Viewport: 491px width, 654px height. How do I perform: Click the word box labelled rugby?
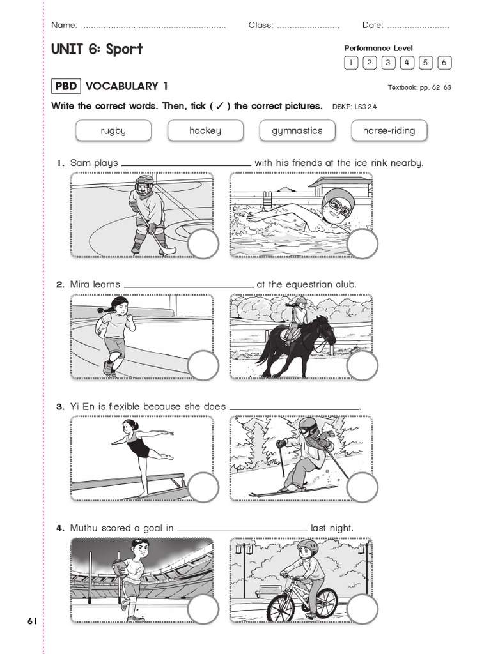[113, 131]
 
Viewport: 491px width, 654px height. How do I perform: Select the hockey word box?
[205, 131]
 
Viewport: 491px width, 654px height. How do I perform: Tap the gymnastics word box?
[297, 131]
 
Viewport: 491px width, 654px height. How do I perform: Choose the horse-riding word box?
[389, 131]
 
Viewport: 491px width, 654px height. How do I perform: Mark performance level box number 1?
[351, 63]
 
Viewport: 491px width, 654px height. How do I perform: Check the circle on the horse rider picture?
[362, 366]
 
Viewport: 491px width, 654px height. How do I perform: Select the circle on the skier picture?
[362, 487]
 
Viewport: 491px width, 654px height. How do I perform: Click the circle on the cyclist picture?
[362, 609]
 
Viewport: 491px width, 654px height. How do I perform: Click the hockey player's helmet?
[144, 185]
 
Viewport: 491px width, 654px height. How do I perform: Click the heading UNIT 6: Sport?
[97, 50]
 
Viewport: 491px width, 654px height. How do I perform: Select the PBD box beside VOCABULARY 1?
[66, 86]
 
